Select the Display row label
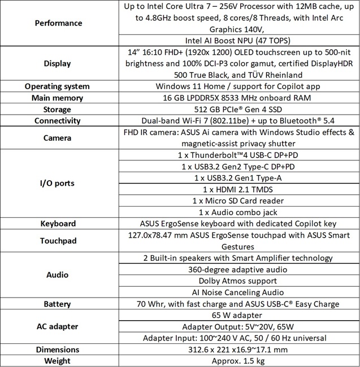point(58,63)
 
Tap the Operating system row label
point(58,86)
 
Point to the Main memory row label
point(58,98)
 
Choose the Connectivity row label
point(58,120)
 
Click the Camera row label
point(58,137)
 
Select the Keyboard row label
point(58,223)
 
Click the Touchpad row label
point(58,241)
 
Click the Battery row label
point(58,304)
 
